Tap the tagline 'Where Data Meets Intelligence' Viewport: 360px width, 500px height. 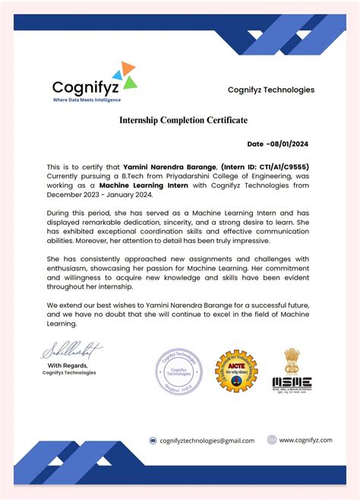[86, 100]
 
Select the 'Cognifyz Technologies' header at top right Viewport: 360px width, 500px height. [270, 90]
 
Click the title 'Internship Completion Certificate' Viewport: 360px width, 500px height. [183, 120]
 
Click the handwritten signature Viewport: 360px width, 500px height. [71, 350]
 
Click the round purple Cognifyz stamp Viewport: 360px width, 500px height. [179, 371]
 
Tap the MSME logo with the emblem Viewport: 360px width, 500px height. [292, 370]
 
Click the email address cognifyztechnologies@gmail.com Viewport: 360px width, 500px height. [207, 440]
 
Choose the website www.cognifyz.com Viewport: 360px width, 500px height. [306, 439]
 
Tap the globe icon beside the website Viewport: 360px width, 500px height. [272, 439]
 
